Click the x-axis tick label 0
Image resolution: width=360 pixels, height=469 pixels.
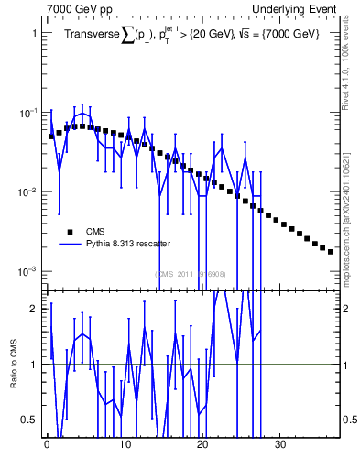click(x=47, y=444)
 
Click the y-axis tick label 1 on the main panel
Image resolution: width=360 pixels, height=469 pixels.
click(x=33, y=33)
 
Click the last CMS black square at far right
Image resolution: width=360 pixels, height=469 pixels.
click(x=331, y=251)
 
